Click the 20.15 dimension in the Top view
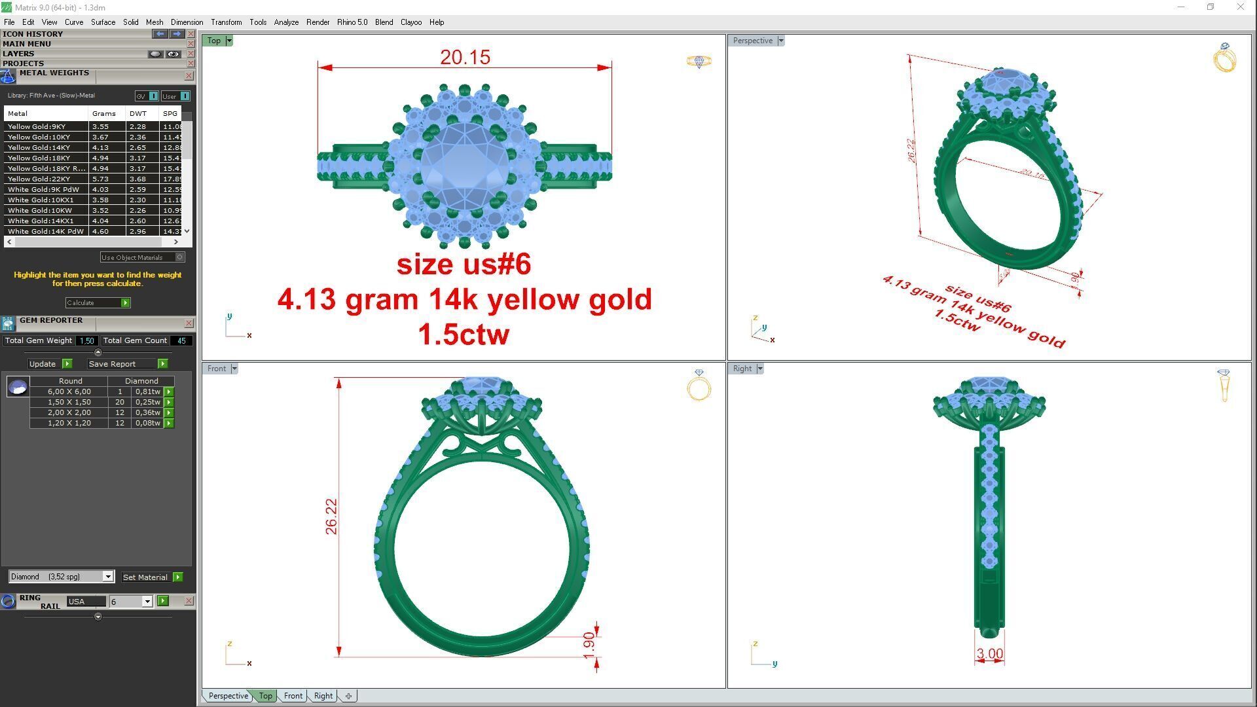click(465, 58)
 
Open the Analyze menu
click(286, 22)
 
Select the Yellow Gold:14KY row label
click(39, 148)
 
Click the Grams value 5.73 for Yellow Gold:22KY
click(100, 179)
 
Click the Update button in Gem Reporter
click(43, 364)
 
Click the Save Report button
click(113, 364)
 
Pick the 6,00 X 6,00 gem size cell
click(69, 392)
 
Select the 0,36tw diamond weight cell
click(147, 413)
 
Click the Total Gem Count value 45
click(181, 341)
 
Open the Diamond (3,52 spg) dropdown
click(108, 577)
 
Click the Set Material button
click(145, 577)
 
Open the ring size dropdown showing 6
click(147, 602)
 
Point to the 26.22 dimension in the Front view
click(331, 517)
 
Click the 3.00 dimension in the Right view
click(989, 653)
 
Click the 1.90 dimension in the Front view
click(589, 645)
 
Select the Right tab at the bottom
click(323, 696)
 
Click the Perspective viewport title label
click(752, 41)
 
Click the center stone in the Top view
click(464, 167)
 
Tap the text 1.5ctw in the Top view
click(464, 335)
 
